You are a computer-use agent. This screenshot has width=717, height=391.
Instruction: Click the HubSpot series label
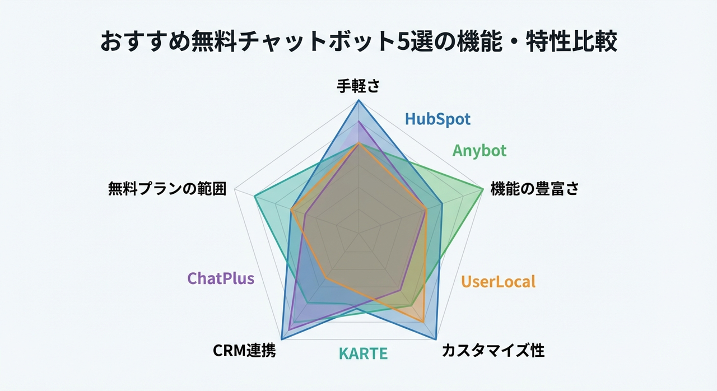[x=437, y=119]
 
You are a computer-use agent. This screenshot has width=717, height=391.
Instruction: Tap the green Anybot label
[x=479, y=151]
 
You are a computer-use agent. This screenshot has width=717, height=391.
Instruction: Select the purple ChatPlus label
[x=221, y=278]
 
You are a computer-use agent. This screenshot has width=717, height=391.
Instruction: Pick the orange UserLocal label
[x=498, y=281]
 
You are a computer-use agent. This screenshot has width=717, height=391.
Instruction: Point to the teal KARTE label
[x=363, y=353]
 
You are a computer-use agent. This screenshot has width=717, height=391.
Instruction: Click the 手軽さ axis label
[x=358, y=87]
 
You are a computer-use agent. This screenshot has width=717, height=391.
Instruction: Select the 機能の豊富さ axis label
[x=534, y=189]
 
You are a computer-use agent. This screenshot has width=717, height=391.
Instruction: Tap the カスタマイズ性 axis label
[x=493, y=351]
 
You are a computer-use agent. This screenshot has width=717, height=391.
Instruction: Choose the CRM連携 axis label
[x=244, y=351]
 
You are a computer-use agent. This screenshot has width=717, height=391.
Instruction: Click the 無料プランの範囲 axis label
[x=167, y=189]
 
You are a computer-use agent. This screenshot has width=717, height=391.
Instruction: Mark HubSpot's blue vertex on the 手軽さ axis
[x=359, y=100]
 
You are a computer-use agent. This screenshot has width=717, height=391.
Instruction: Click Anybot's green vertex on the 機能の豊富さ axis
[x=483, y=190]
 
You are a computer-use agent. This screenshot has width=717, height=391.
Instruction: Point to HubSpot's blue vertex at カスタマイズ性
[x=436, y=339]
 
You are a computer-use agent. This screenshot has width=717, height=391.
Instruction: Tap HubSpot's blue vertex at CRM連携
[x=281, y=339]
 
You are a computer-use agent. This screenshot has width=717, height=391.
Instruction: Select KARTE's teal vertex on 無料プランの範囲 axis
[x=254, y=196]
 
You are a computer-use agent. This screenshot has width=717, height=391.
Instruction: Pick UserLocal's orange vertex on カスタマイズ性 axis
[x=424, y=322]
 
